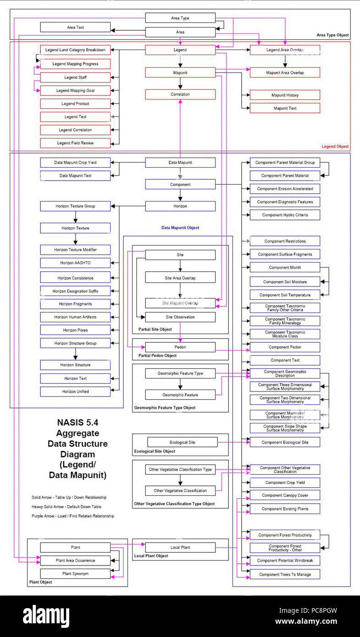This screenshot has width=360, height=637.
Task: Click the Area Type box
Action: coord(180,18)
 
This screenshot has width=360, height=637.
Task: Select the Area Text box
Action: coord(75,27)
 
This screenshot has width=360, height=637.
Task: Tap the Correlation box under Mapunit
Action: coord(180,94)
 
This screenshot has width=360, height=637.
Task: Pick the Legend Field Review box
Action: coord(75,143)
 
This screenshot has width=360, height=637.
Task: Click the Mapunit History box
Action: coord(285,95)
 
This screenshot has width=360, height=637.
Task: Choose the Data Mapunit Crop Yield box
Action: coord(75,162)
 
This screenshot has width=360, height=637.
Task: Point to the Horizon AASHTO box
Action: coord(75,263)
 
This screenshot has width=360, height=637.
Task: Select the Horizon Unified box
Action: coord(75,391)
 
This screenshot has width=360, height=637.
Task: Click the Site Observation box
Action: coord(180,317)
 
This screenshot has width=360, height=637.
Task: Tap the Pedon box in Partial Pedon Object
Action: coord(180,347)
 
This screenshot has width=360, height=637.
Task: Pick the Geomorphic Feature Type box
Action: coord(180,373)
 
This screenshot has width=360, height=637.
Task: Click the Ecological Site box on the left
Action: coord(182,442)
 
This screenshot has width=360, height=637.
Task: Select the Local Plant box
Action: coord(180,548)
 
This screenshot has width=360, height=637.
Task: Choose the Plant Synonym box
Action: coord(75,574)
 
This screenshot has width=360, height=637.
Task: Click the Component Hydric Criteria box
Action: coord(285,215)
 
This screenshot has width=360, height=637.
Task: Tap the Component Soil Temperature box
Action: coord(285,295)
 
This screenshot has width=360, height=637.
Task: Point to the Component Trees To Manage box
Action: coord(285,574)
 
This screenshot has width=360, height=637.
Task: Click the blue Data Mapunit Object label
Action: coord(180,228)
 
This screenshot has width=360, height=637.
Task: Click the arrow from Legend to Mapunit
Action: coord(180,61)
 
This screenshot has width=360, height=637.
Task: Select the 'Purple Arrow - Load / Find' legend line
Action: coord(73,516)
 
